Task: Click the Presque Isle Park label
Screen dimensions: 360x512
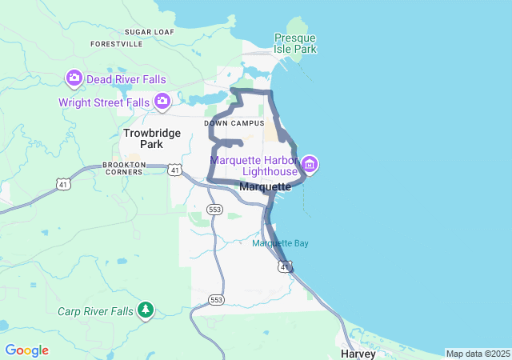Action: [x=295, y=43]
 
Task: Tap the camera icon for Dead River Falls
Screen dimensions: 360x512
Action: [x=74, y=78]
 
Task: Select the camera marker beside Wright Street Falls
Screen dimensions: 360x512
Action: [x=162, y=101]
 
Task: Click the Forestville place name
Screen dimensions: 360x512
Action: [x=117, y=44]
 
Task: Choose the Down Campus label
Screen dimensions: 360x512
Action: [x=234, y=123]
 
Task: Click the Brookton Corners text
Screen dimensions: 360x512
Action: [x=124, y=168]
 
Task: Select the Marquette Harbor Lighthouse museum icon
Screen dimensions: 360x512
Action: [x=310, y=166]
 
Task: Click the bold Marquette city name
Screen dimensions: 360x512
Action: [x=265, y=186]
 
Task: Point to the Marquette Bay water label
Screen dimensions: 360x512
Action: [x=280, y=243]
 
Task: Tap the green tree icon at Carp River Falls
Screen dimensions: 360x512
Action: [x=145, y=309]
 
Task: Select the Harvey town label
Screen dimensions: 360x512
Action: [x=358, y=353]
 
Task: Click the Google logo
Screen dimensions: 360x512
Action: [x=26, y=350]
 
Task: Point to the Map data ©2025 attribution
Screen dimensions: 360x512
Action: [x=477, y=354]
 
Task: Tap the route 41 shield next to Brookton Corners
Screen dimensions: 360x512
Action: [x=174, y=169]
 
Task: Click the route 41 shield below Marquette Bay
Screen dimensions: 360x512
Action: [x=284, y=266]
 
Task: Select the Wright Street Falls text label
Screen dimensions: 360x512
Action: [x=104, y=102]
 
